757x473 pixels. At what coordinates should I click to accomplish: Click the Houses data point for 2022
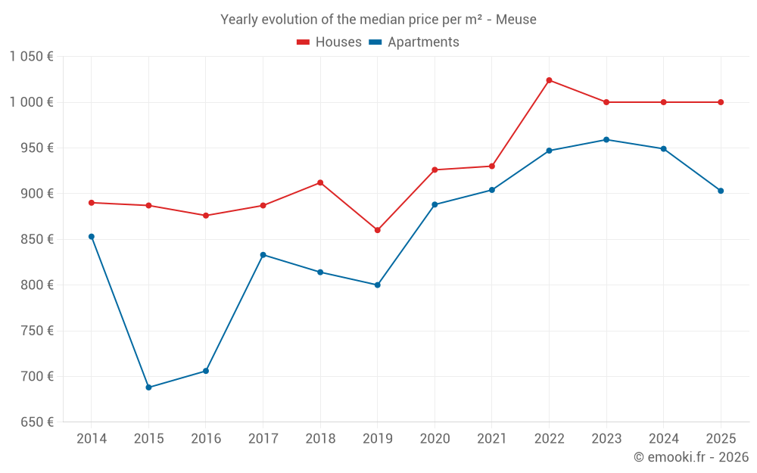coord(549,80)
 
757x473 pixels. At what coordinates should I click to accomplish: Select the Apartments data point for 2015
coord(148,387)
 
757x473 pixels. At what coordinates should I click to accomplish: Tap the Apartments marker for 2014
coord(92,237)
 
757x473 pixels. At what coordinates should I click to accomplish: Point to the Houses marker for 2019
coord(378,230)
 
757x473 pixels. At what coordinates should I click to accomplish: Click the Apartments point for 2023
coord(606,140)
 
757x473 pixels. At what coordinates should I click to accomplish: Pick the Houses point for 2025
coord(721,102)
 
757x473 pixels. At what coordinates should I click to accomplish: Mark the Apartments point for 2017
coord(263,255)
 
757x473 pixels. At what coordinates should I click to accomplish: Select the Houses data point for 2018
coord(320,182)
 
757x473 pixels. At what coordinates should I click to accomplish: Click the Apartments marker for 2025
coord(721,191)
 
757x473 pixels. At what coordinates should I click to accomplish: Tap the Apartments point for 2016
coord(206,371)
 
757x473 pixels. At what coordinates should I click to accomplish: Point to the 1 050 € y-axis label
coord(31,57)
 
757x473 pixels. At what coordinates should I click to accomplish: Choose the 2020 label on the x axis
coord(435,439)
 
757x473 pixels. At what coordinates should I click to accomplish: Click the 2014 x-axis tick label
coord(92,439)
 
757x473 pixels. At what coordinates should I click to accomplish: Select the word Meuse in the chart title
coord(517,20)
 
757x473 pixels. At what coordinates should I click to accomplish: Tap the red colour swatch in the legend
coord(304,42)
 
